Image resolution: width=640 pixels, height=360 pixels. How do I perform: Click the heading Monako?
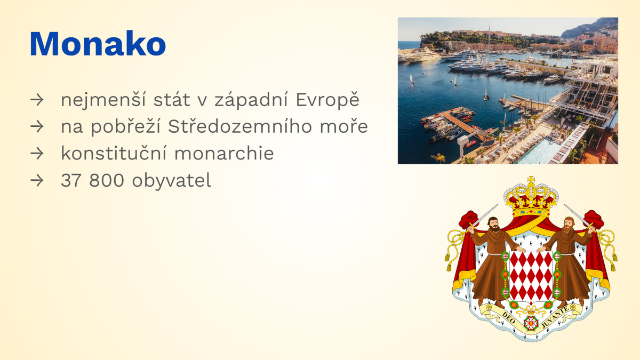(x=98, y=43)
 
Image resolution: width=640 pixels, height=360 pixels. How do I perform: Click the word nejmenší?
(x=103, y=100)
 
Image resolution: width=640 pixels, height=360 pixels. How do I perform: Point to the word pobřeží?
(x=125, y=126)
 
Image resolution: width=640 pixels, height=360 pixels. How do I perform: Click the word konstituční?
(x=114, y=153)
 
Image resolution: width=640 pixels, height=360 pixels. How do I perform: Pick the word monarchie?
(x=224, y=153)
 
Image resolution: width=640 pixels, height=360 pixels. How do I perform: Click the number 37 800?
(x=92, y=180)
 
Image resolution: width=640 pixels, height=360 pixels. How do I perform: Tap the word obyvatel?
(x=171, y=181)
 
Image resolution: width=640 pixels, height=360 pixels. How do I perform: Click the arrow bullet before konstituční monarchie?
(x=37, y=154)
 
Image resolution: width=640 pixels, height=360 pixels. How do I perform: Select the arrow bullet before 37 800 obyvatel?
(x=37, y=181)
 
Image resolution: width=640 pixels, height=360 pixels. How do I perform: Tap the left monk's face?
(x=494, y=225)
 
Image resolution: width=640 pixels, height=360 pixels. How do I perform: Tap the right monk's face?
(x=568, y=225)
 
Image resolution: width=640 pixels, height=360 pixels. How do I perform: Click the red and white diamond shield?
(x=531, y=276)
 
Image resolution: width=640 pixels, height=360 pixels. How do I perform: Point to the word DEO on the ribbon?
(x=509, y=317)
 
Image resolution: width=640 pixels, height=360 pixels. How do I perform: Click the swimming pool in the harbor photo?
(x=537, y=151)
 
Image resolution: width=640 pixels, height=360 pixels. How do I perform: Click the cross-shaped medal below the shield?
(x=531, y=323)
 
